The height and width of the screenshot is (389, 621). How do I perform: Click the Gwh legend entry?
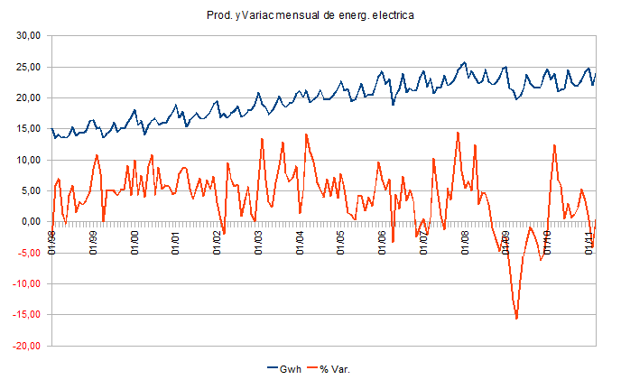(287, 368)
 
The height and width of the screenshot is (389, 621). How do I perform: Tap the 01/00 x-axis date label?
(134, 242)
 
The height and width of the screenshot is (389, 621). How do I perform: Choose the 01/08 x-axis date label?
(464, 242)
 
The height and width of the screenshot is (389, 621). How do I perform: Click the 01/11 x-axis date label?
(588, 242)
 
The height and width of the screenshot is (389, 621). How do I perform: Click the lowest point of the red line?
(516, 319)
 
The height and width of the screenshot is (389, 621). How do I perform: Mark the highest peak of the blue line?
(465, 62)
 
